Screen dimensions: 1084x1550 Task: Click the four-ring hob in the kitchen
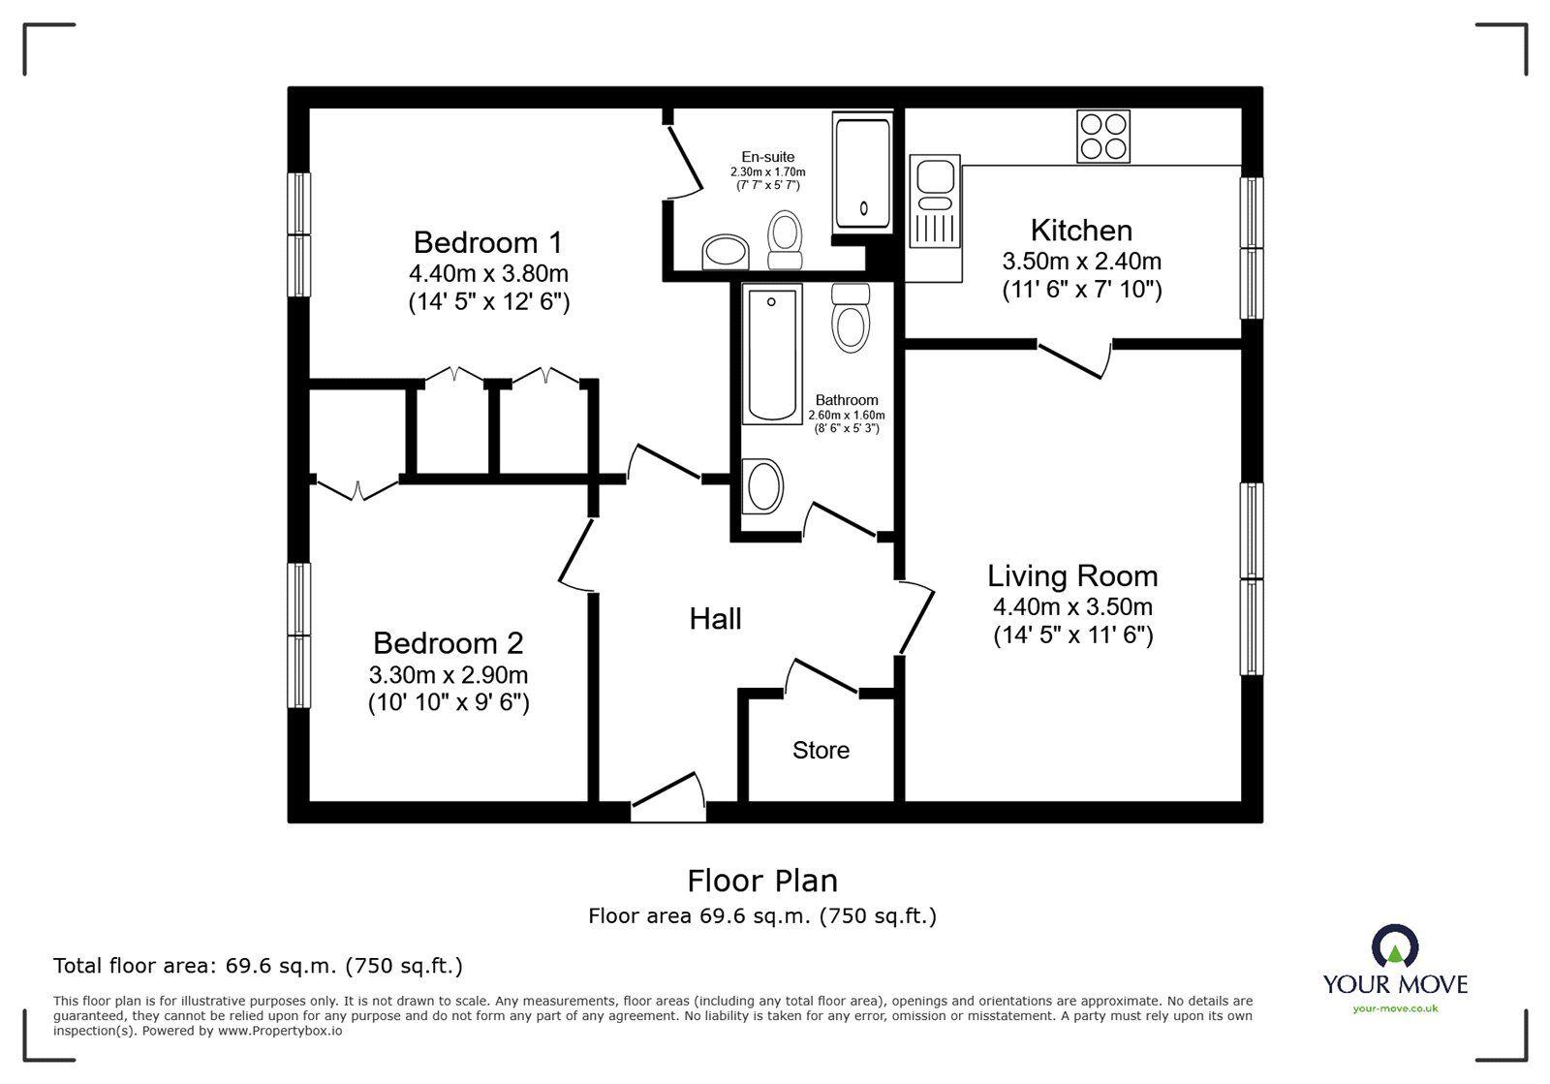[1103, 136]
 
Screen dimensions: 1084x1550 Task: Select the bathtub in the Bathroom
[772, 354]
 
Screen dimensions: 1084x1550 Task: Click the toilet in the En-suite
[785, 239]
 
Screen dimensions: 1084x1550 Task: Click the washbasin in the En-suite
[725, 253]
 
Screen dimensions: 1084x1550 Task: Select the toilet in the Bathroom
[852, 317]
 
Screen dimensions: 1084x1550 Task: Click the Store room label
[821, 750]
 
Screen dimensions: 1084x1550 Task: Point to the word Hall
[715, 619]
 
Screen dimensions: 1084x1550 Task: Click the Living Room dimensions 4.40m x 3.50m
[1072, 607]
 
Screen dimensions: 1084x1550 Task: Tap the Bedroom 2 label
[448, 643]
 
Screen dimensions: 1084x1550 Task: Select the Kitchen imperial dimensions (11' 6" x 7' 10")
[1081, 289]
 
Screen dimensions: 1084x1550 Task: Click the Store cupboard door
[821, 676]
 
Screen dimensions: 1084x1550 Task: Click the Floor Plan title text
[762, 881]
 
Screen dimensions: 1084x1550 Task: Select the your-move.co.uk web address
[1395, 1008]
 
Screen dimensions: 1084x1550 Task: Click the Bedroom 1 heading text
[487, 242]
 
